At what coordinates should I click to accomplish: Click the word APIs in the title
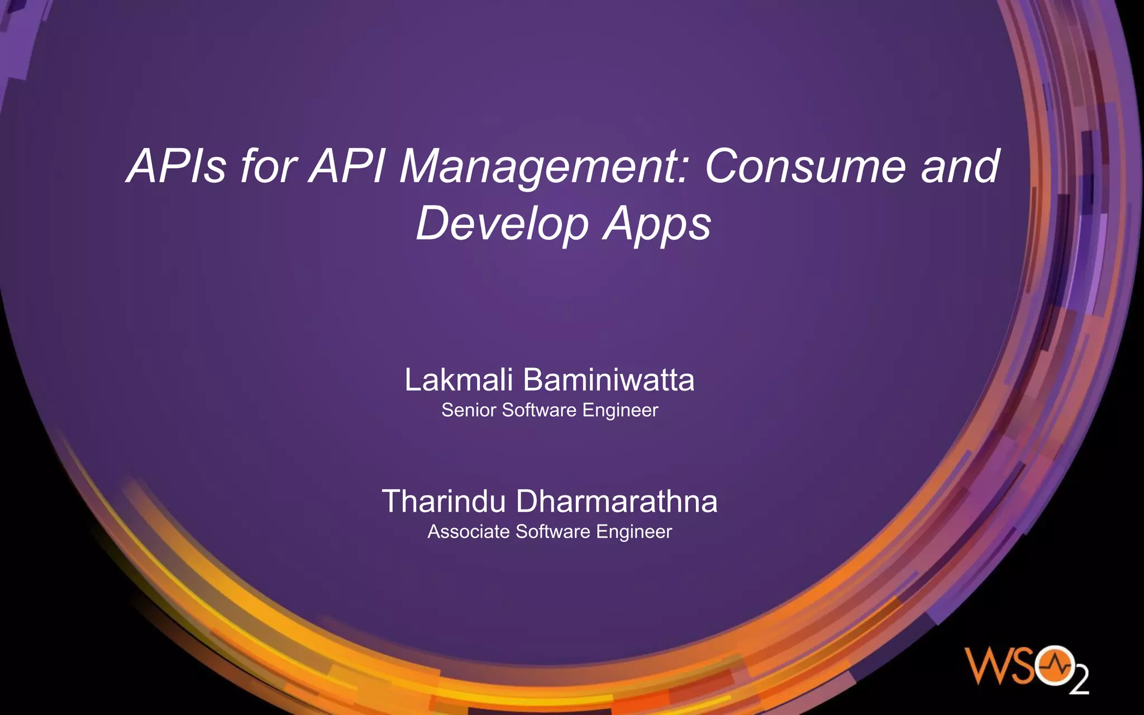(176, 166)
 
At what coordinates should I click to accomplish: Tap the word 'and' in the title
(960, 166)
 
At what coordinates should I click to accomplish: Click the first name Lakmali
(459, 380)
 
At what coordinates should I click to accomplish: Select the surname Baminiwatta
(609, 380)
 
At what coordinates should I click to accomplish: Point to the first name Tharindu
(444, 501)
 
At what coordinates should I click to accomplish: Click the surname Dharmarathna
(617, 501)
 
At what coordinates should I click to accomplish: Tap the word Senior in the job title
(469, 410)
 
